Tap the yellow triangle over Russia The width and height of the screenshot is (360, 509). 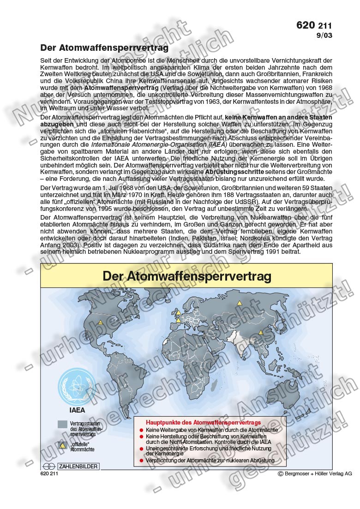coord(239,303)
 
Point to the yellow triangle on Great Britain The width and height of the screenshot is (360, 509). coord(176,311)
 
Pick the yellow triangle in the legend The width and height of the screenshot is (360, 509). coord(63,445)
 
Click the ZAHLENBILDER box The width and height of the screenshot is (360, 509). coord(78,466)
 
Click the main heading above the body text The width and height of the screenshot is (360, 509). coord(104,48)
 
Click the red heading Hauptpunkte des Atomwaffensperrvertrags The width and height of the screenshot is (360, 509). coord(203,422)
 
